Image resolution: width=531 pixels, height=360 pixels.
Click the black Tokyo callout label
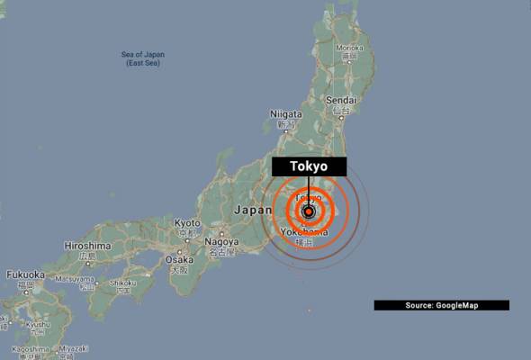tap(309, 166)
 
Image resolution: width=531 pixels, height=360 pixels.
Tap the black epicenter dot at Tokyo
tap(309, 212)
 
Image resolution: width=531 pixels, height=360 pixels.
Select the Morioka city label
tap(350, 48)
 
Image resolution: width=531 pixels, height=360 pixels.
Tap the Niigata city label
tap(287, 114)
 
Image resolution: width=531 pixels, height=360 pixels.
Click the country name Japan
tap(251, 210)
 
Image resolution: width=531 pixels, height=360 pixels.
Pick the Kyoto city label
tap(187, 222)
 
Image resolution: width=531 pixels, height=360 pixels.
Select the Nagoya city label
tap(221, 242)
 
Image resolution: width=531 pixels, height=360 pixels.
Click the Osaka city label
tap(180, 259)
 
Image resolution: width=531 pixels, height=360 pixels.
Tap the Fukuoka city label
tap(25, 274)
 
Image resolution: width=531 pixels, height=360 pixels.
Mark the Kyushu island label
tap(38, 324)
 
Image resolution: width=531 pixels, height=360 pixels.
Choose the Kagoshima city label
tap(30, 347)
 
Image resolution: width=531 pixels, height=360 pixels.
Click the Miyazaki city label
tap(75, 346)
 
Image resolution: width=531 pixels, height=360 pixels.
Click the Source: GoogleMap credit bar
tap(441, 306)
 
